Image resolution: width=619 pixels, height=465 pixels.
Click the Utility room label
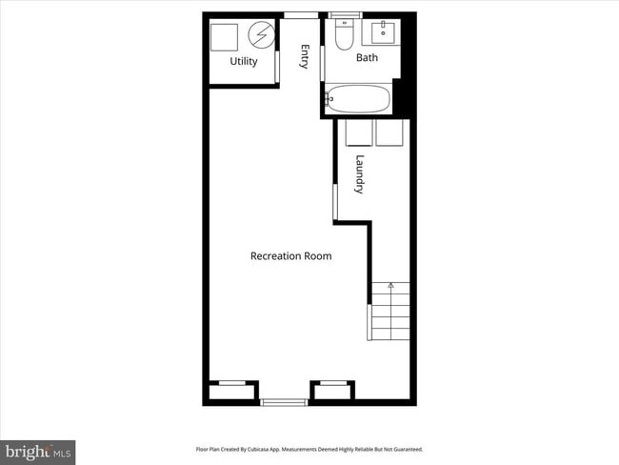point(244,62)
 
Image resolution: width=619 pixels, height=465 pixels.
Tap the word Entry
point(305,56)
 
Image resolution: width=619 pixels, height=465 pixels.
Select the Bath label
point(367,58)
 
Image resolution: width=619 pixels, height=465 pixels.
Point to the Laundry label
point(359,174)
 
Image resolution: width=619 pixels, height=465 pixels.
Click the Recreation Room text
point(290,255)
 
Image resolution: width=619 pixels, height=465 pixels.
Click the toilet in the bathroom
point(344,34)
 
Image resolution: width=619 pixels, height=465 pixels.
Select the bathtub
point(358,98)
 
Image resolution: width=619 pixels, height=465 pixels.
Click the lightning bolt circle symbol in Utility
point(260,36)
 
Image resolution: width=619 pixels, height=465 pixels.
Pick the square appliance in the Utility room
point(225,37)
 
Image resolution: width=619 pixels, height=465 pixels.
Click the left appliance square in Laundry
point(358,132)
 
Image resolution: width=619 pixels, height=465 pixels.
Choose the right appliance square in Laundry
point(391,132)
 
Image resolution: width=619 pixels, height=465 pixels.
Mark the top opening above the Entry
point(301,14)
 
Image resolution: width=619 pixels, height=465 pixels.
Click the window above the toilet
point(345,14)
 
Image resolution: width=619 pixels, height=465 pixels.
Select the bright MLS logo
point(38,451)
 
